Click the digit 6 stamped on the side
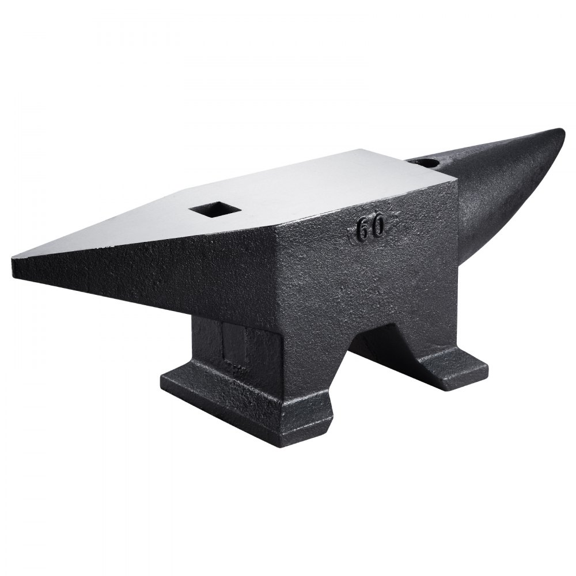pyautogui.click(x=363, y=230)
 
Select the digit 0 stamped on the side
pyautogui.click(x=377, y=228)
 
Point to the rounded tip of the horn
pyautogui.click(x=558, y=138)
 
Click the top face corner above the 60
pyautogui.click(x=455, y=181)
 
